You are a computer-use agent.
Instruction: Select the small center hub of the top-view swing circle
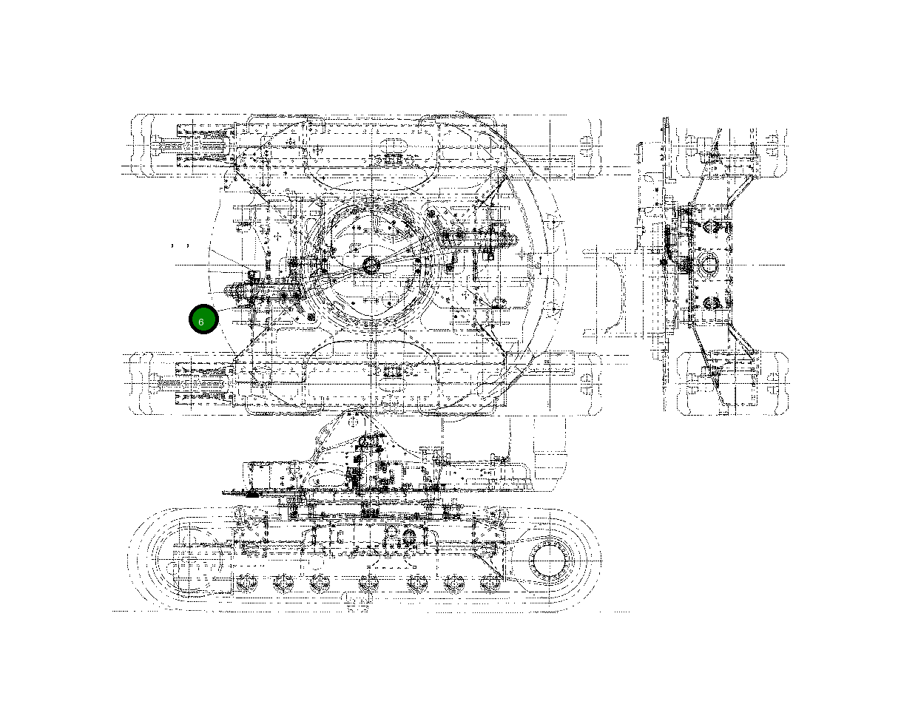click(371, 264)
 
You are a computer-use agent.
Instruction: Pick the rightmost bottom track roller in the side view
click(489, 583)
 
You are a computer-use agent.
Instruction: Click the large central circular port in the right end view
click(707, 263)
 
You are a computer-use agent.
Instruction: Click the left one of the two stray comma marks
click(173, 244)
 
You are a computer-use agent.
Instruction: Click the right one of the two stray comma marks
click(188, 244)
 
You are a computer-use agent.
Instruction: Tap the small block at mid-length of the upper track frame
click(389, 158)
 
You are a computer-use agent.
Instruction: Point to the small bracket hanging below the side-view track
click(357, 603)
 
